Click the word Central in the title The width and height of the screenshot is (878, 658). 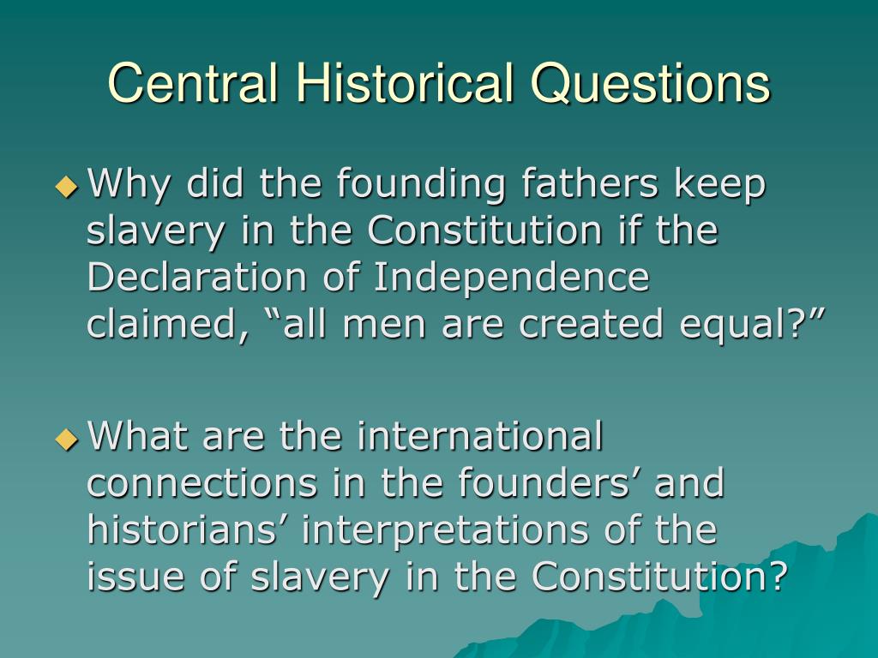(x=193, y=83)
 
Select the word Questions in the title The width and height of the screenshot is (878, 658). (x=651, y=84)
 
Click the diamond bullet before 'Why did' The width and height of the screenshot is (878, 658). (x=67, y=186)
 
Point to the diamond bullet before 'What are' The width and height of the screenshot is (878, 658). (x=67, y=439)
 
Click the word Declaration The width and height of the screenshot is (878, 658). (x=196, y=277)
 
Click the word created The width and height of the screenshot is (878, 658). (x=591, y=323)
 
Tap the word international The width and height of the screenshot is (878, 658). (x=480, y=435)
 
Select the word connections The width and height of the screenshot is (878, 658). (x=201, y=482)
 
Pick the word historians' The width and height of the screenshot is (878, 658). (x=187, y=528)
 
